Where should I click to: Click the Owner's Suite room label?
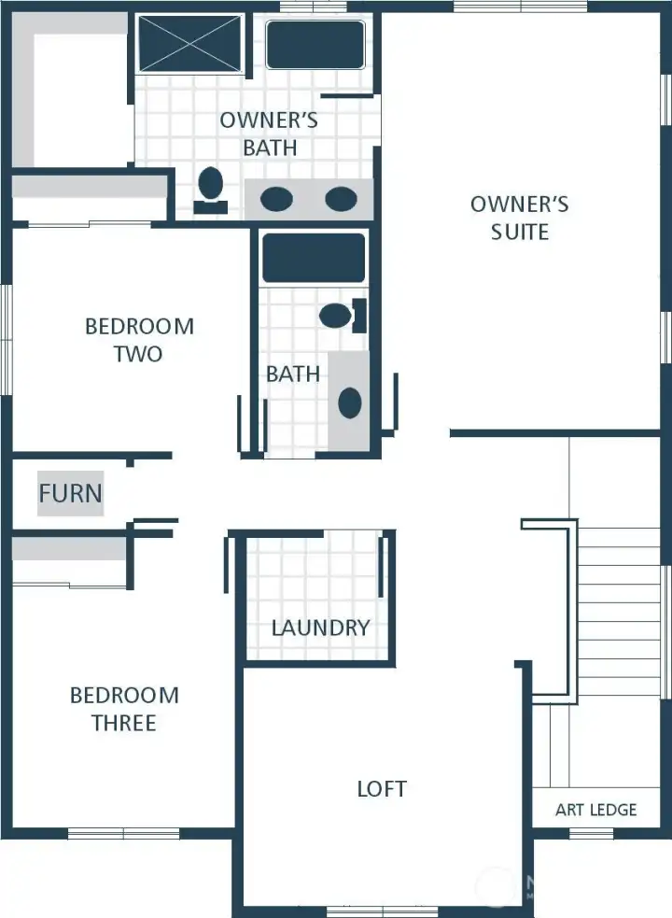coord(519,218)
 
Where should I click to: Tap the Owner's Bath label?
coord(269,134)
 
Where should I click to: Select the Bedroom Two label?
coord(139,340)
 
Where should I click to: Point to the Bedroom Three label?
coord(124,709)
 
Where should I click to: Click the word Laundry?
coord(320,628)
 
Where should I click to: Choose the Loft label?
coord(382,788)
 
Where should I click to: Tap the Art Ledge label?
coord(595,810)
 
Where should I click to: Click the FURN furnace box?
coord(70,492)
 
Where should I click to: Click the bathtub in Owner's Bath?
coord(315,45)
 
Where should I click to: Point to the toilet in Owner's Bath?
coord(211,187)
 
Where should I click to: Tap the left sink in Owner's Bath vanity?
coord(276,199)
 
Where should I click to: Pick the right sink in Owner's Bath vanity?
coord(341,199)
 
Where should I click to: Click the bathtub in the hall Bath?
coord(313,258)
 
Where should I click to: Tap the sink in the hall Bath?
coord(349,403)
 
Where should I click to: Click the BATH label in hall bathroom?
coord(293,374)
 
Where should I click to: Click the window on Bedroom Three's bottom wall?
coord(123,833)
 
